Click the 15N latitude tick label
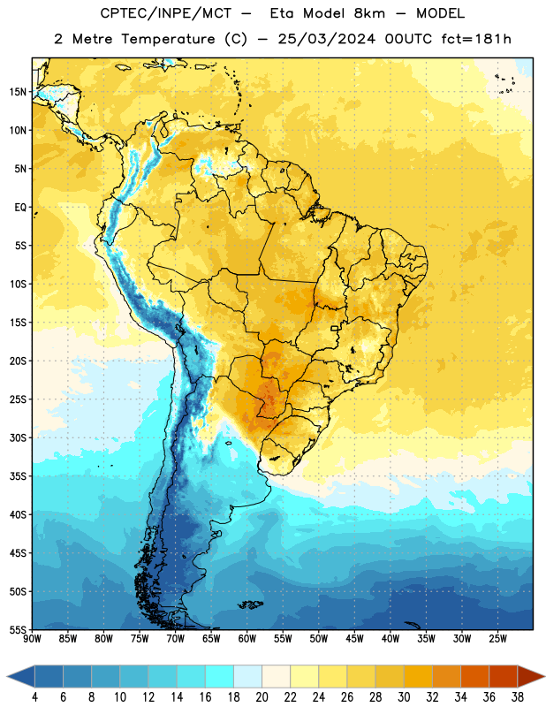[x=18, y=92]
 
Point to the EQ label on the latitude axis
[x=20, y=208]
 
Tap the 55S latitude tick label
[x=18, y=629]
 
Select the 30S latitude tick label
[x=18, y=437]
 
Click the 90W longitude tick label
[x=32, y=639]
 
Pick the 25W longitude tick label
[x=497, y=639]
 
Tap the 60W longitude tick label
[x=247, y=639]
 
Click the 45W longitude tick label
[x=355, y=639]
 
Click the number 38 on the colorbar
[x=518, y=697]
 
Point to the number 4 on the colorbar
[x=34, y=697]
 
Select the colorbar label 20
[x=262, y=697]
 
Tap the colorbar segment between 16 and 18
[x=220, y=676]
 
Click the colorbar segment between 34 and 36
[x=475, y=676]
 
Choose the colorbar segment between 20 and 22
[x=277, y=676]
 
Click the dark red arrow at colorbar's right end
[x=530, y=676]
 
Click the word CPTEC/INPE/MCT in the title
[x=165, y=13]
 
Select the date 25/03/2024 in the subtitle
[x=326, y=39]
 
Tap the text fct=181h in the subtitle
[x=476, y=39]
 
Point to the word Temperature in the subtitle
[x=168, y=40]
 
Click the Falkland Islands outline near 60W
[x=251, y=604]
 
